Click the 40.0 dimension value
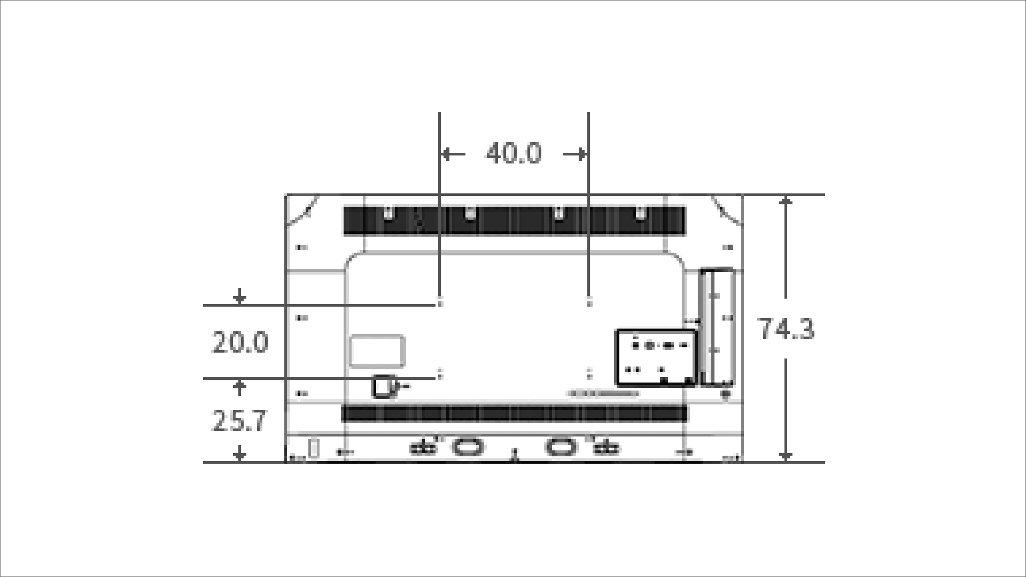coord(513,153)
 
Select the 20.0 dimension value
coord(240,342)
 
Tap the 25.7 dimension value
coord(239,421)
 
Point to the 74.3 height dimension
coord(787,329)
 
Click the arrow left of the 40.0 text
coord(452,154)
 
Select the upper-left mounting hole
coord(440,303)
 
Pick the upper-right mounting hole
coord(589,303)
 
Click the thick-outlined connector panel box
coord(656,357)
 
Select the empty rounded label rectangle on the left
coord(377,351)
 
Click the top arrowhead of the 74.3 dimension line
coord(785,201)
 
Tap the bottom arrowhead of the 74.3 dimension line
coord(785,456)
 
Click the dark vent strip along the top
coord(514,221)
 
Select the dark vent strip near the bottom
coord(514,414)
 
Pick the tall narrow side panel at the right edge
coord(717,327)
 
